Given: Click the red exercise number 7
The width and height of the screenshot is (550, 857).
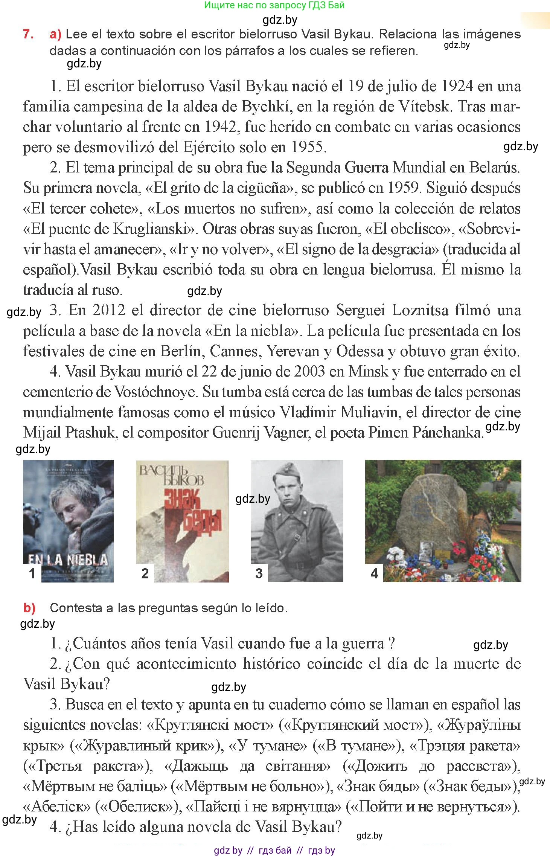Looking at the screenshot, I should point(28,34).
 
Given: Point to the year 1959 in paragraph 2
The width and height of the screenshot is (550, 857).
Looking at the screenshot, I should point(402,188).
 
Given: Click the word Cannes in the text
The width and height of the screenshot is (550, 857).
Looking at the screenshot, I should point(233,351).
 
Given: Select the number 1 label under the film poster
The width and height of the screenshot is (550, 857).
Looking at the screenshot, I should point(32,573).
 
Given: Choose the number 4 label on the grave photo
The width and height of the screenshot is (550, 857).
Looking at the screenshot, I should point(374,573).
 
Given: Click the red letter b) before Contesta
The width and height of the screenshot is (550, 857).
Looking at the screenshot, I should point(29,608).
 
